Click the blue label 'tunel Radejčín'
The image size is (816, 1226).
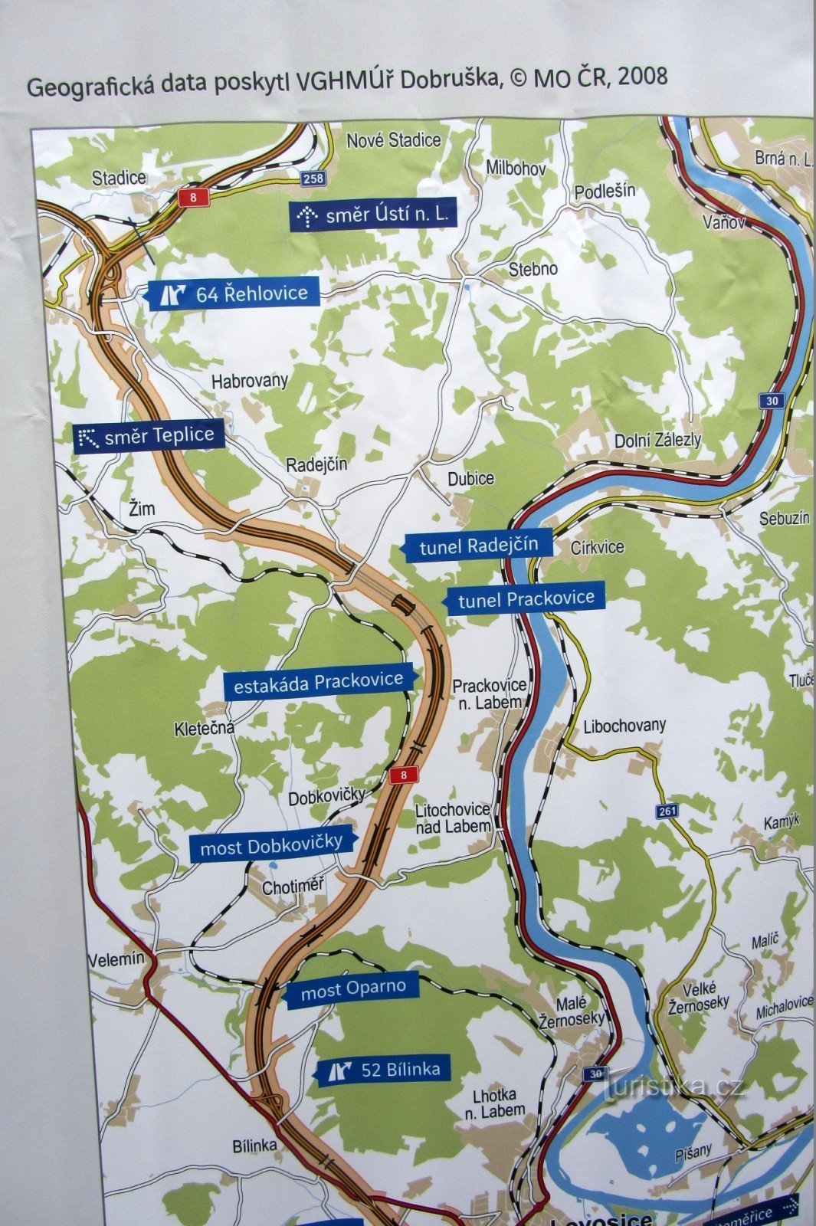click(479, 546)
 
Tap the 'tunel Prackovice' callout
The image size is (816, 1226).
click(526, 598)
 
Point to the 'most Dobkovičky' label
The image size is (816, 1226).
click(272, 846)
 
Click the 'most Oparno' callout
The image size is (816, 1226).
click(353, 990)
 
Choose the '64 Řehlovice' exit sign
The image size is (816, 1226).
click(233, 293)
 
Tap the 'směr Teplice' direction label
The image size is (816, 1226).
click(149, 437)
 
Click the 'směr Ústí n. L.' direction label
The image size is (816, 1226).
click(375, 215)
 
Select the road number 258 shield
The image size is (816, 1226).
click(313, 179)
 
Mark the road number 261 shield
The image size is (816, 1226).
click(667, 811)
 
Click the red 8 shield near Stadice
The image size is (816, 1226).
click(193, 198)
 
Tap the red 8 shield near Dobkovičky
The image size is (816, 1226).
click(403, 775)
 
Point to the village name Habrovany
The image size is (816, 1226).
click(250, 381)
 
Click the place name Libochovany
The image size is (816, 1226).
click(624, 725)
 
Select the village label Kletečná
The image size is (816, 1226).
click(205, 728)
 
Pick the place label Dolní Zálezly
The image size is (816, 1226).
click(657, 440)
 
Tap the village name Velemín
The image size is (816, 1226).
click(116, 959)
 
